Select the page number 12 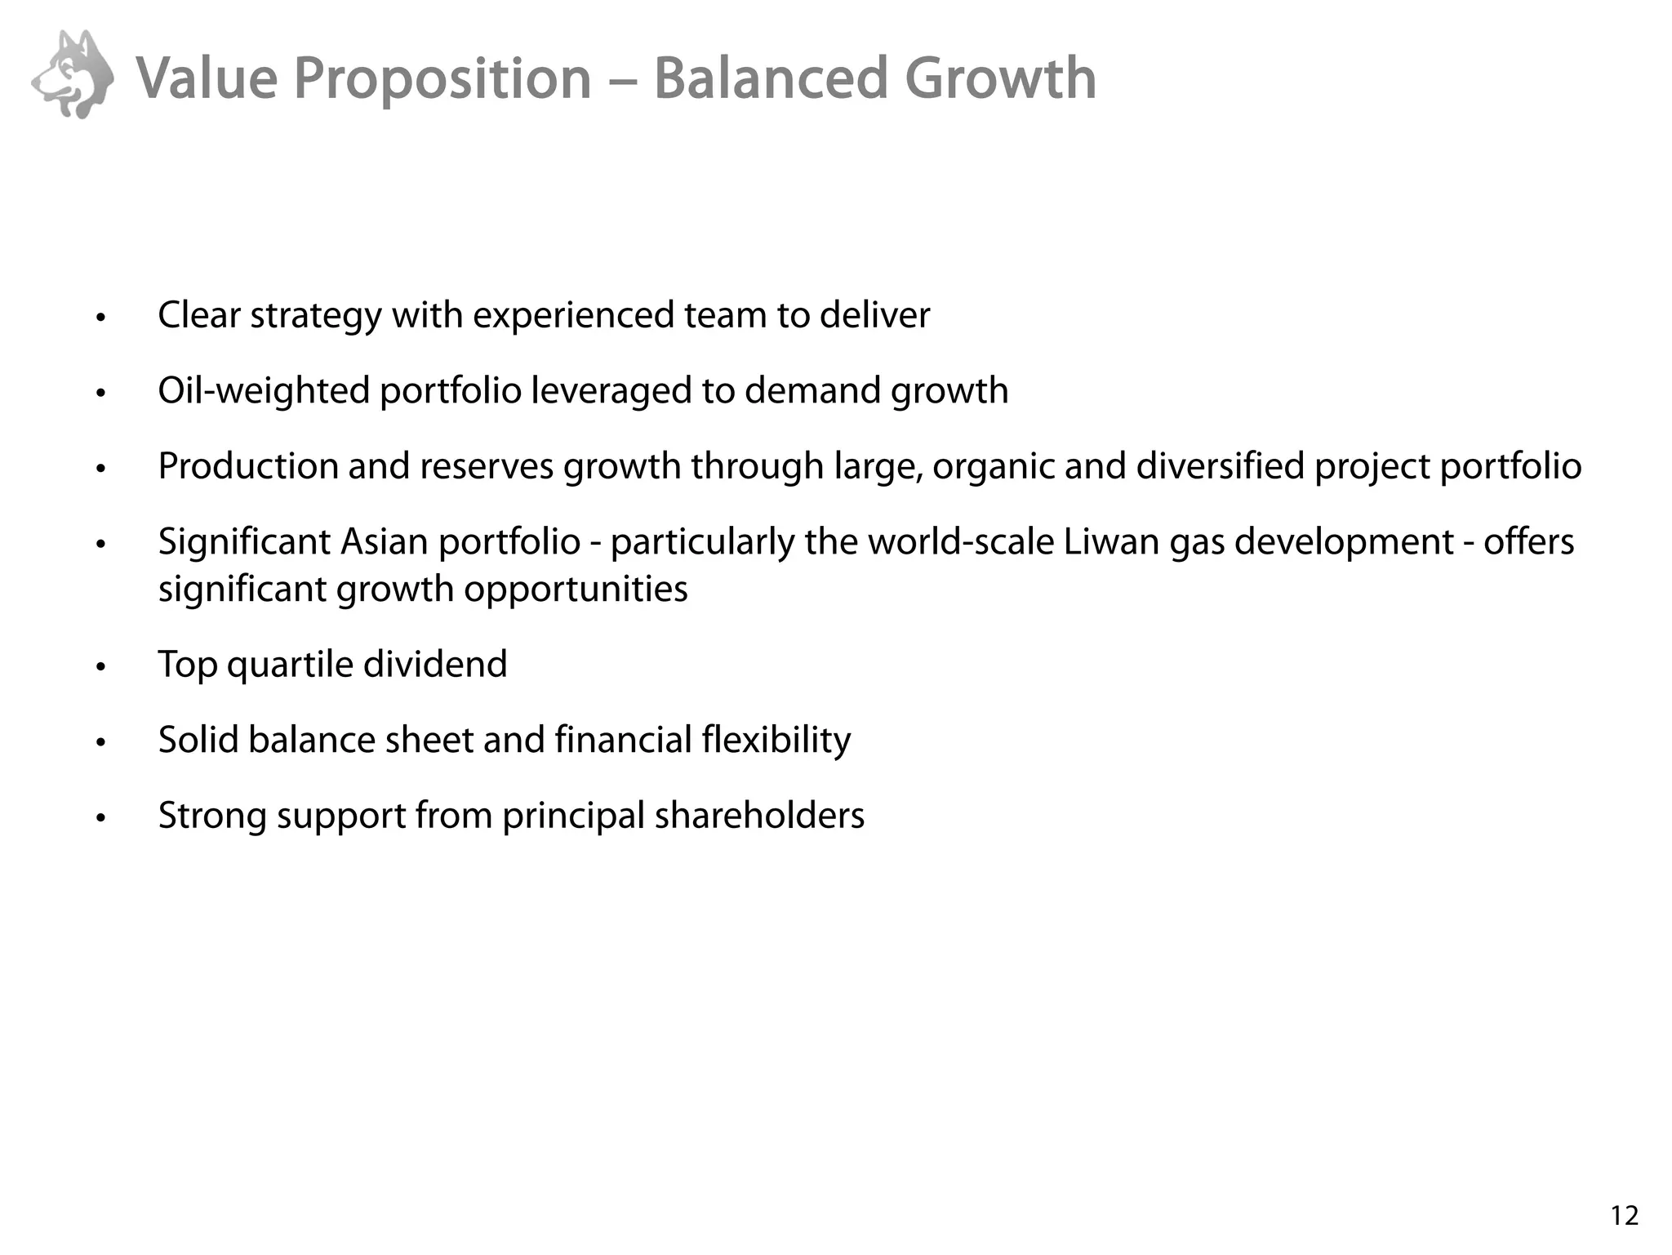pos(1625,1217)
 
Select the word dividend pos(435,665)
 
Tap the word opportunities pos(576,589)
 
